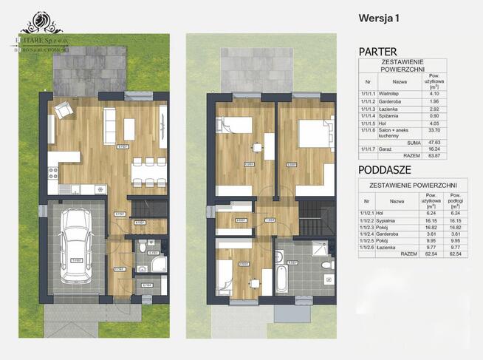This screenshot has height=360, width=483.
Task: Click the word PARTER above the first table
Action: (x=378, y=51)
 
